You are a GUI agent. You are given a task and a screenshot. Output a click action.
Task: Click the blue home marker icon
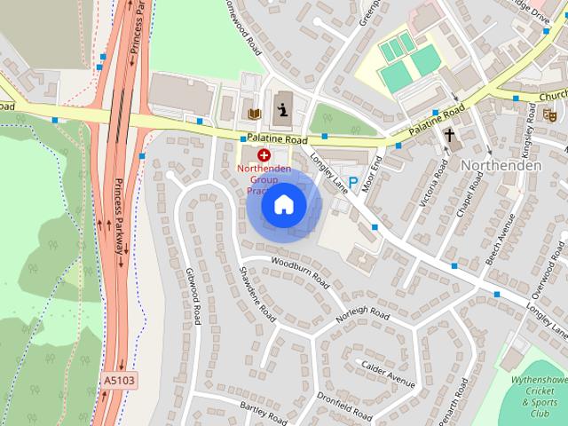pos(284,205)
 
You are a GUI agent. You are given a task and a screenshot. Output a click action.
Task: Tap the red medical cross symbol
pos(264,155)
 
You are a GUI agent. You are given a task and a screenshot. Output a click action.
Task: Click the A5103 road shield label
pos(120,380)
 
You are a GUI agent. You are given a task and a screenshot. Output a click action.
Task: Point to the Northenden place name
pos(501,165)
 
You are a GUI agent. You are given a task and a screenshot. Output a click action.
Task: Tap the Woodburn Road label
pos(301,273)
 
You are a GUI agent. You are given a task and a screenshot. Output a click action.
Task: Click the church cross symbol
pos(450,136)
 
